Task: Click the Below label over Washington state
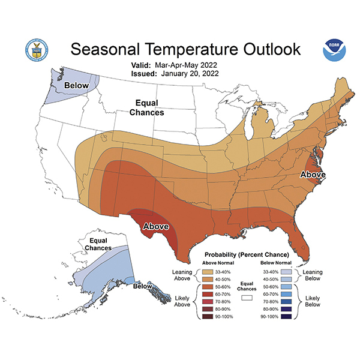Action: pyautogui.click(x=77, y=85)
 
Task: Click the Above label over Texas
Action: pyautogui.click(x=155, y=227)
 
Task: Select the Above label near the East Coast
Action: pyautogui.click(x=313, y=175)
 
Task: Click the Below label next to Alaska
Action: pyautogui.click(x=143, y=287)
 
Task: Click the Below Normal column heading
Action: pyautogui.click(x=275, y=262)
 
